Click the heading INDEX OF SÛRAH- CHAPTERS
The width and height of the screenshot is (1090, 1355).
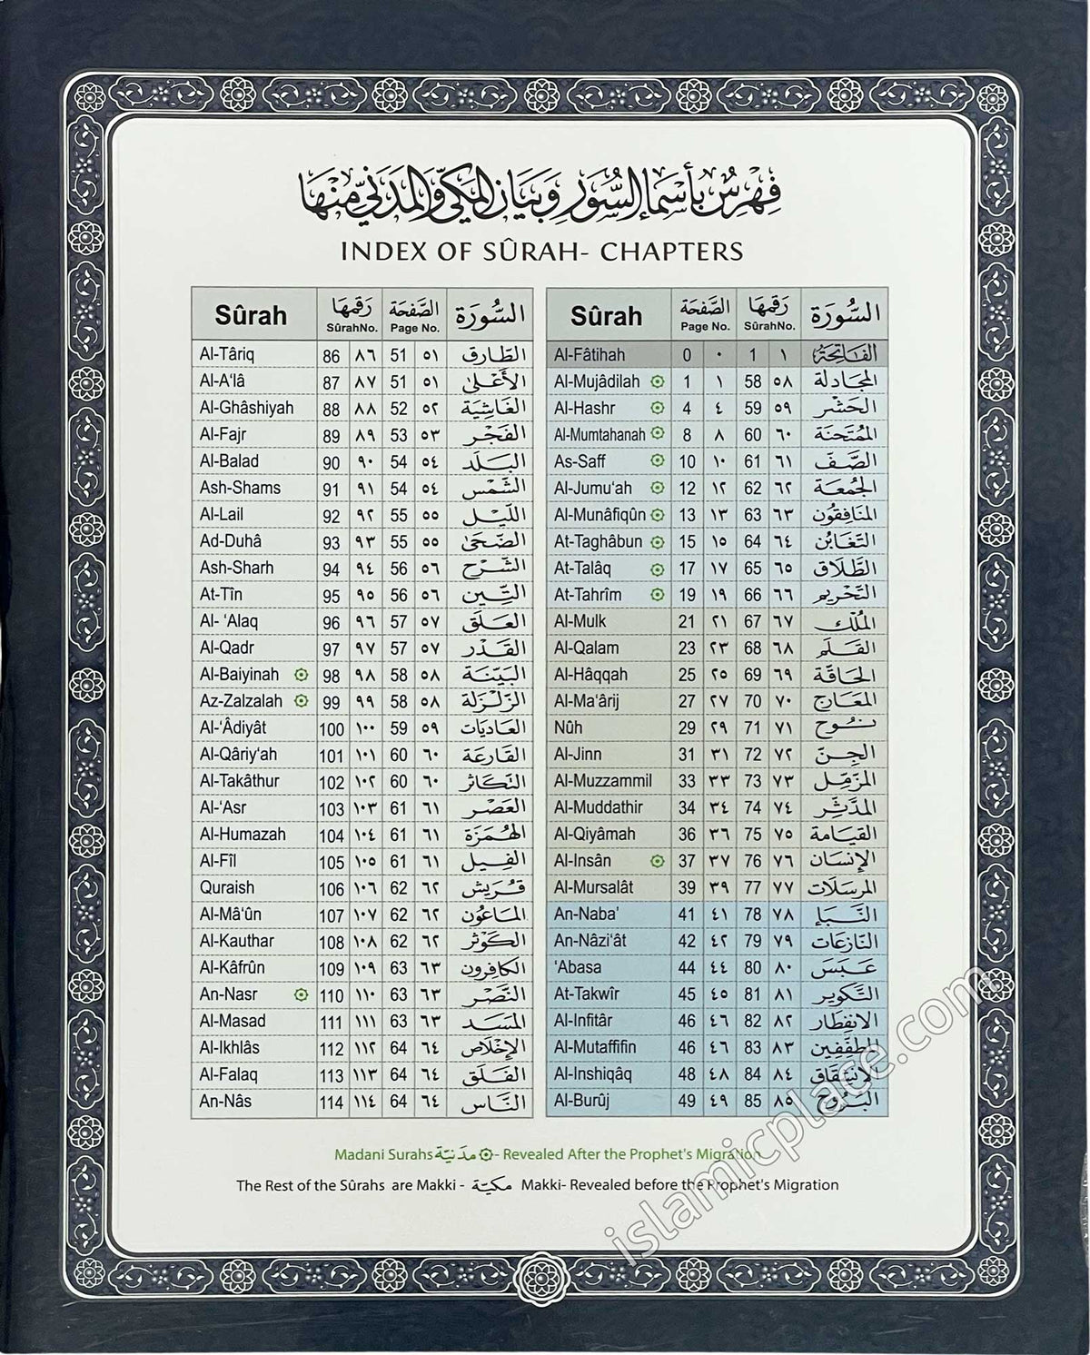541,251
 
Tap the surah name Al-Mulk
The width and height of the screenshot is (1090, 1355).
580,621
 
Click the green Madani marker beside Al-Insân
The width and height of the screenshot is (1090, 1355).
659,861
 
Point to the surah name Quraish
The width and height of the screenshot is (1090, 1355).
227,887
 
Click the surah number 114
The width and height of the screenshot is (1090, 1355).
332,1103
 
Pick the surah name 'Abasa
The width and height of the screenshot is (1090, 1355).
578,967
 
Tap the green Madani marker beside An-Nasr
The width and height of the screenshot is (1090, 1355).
302,995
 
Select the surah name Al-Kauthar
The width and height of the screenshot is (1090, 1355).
236,941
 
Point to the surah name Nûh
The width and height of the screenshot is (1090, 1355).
569,727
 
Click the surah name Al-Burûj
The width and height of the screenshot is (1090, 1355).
582,1101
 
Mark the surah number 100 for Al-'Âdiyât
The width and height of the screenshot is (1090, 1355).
332,729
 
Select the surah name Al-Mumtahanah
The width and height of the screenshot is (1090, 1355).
601,434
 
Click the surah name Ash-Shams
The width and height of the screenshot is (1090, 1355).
240,488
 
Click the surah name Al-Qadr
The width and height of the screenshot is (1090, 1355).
226,648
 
